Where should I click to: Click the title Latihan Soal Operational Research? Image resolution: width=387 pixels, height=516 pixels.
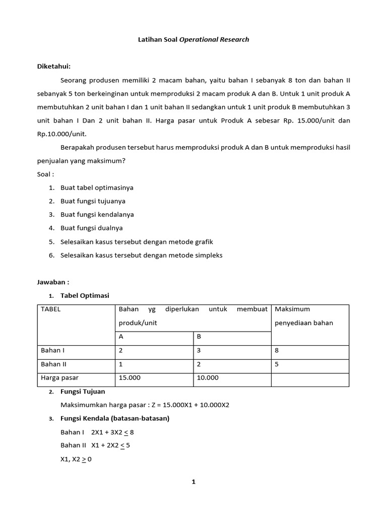193,39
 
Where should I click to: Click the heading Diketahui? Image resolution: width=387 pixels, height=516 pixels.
54,67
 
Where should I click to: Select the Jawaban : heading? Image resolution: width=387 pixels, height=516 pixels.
53,282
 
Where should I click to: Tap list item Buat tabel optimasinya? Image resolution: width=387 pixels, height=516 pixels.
97,187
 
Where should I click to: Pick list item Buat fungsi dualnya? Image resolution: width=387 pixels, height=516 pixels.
91,228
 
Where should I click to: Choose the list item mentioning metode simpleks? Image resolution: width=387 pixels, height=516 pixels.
141,255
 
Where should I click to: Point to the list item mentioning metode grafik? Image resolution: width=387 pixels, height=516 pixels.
137,241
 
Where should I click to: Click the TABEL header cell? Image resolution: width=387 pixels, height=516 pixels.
50,309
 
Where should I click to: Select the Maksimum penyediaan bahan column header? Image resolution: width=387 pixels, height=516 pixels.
303,316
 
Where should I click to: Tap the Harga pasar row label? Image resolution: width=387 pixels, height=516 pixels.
59,377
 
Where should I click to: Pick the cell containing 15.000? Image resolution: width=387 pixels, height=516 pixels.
130,377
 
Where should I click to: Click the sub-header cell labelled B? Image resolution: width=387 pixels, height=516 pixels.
200,337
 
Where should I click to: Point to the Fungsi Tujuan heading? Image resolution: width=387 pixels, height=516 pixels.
83,392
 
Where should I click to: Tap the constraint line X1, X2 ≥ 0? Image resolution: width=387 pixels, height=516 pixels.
76,459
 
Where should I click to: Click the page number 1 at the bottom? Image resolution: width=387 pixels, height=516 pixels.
193,482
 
